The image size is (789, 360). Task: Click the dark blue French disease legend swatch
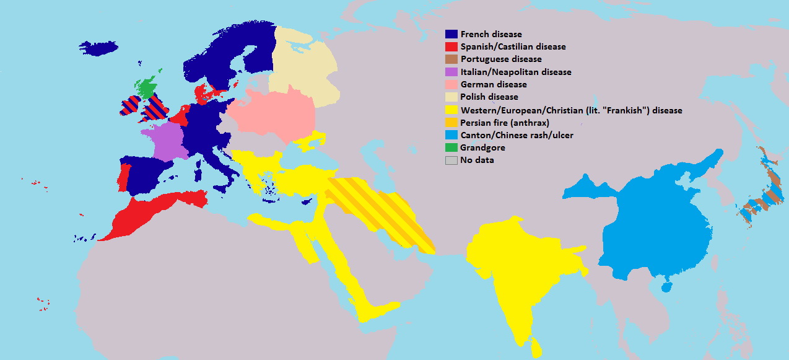click(x=451, y=34)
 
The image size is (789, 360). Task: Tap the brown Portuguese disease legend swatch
click(x=451, y=59)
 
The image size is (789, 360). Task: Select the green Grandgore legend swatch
click(x=451, y=147)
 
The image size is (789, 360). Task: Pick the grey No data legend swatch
click(x=451, y=160)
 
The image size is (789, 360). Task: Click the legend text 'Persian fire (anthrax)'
click(x=505, y=123)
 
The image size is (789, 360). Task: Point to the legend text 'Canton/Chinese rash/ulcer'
click(x=516, y=135)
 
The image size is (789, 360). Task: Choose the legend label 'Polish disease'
click(x=489, y=97)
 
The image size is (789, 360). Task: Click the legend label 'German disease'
click(x=494, y=84)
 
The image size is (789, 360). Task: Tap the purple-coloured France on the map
click(x=166, y=141)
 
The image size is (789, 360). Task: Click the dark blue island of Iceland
click(x=103, y=48)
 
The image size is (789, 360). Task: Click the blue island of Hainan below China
click(x=666, y=287)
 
